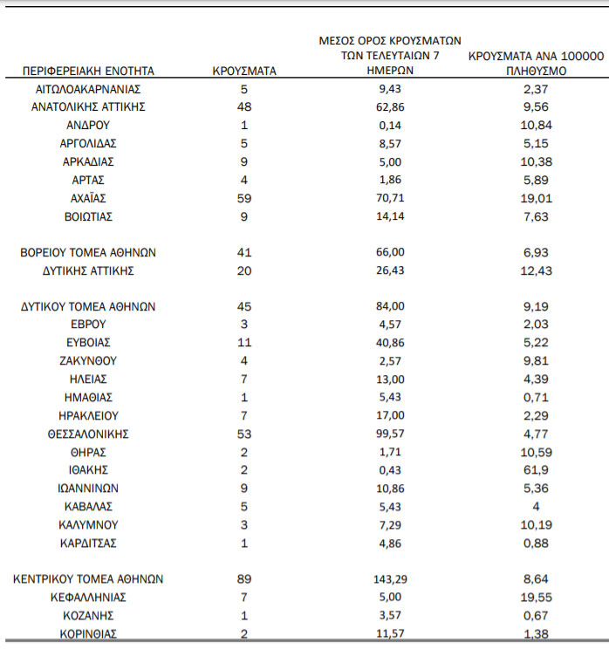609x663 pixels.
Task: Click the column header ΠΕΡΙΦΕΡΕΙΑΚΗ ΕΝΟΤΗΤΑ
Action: (x=87, y=71)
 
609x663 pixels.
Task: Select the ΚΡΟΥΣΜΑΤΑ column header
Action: (x=244, y=71)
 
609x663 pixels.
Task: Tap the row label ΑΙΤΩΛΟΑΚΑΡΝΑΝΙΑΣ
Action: (x=87, y=89)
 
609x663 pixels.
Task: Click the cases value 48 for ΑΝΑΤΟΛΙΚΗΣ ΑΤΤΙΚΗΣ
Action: (x=244, y=107)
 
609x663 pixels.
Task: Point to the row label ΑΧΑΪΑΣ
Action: (x=88, y=198)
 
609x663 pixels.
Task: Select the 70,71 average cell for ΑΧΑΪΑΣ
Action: (x=391, y=198)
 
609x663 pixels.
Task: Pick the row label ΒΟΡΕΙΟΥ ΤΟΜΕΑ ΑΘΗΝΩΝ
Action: (x=88, y=252)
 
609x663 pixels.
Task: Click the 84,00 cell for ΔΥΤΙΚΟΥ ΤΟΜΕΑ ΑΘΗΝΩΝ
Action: (x=391, y=307)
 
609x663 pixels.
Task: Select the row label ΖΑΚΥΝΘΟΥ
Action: (x=88, y=361)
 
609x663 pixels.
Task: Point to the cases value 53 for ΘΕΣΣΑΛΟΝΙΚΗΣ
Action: (x=244, y=434)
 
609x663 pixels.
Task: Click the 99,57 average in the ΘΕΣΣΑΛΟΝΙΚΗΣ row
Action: (x=391, y=434)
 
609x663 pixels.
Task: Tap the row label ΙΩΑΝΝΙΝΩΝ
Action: (x=88, y=489)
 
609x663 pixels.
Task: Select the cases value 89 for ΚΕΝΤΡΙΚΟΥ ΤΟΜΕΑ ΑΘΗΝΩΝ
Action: (x=244, y=578)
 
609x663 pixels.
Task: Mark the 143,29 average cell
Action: (x=391, y=578)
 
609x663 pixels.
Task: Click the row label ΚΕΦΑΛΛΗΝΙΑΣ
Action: (x=88, y=598)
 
